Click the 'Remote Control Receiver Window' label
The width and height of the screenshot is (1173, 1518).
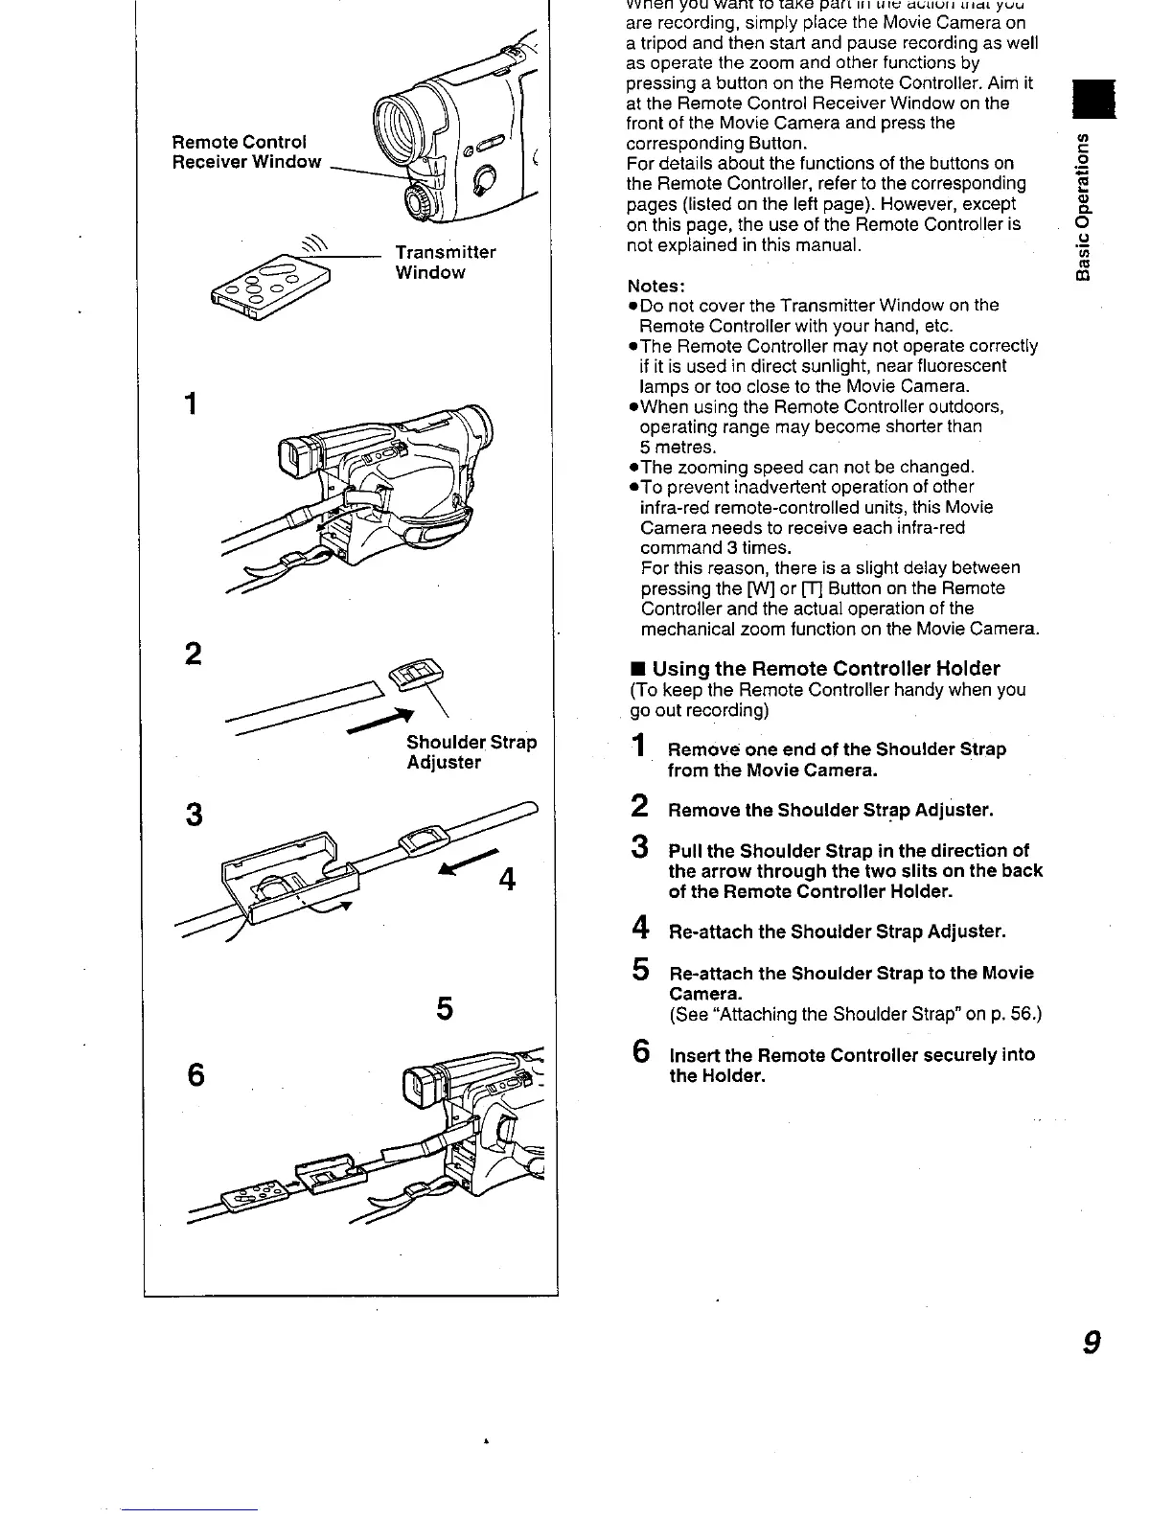pyautogui.click(x=246, y=152)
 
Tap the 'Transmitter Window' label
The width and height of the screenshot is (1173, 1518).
pyautogui.click(x=446, y=262)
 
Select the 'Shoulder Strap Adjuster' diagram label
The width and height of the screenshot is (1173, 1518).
pyautogui.click(x=471, y=752)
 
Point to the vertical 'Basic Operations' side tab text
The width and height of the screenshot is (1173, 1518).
pyautogui.click(x=1084, y=206)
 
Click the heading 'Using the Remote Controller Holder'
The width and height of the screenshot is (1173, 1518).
pyautogui.click(x=825, y=668)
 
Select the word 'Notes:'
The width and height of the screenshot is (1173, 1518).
pyautogui.click(x=655, y=286)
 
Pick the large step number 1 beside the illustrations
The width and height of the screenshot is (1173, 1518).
pyautogui.click(x=193, y=403)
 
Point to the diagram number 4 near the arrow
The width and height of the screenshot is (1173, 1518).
pyautogui.click(x=508, y=878)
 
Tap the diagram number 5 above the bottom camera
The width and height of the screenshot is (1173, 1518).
pyautogui.click(x=444, y=1008)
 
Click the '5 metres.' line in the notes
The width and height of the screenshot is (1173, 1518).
pyautogui.click(x=678, y=448)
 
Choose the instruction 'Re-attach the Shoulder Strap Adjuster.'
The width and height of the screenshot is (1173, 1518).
pyautogui.click(x=837, y=931)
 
